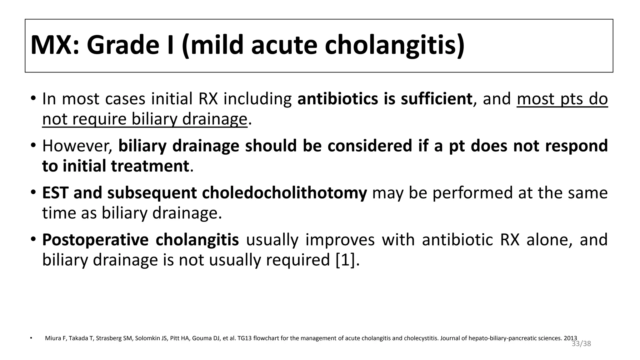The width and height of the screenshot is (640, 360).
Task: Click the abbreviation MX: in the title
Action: point(55,45)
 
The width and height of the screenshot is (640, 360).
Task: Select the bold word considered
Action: point(370,146)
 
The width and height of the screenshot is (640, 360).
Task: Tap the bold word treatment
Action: point(150,166)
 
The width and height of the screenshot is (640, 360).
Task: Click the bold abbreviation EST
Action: point(55,193)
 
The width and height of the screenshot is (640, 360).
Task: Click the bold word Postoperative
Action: point(95,240)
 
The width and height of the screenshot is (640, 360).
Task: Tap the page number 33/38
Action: point(581,344)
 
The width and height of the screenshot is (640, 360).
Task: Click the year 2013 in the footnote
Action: point(570,338)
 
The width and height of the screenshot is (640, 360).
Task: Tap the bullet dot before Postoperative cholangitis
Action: point(33,240)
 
